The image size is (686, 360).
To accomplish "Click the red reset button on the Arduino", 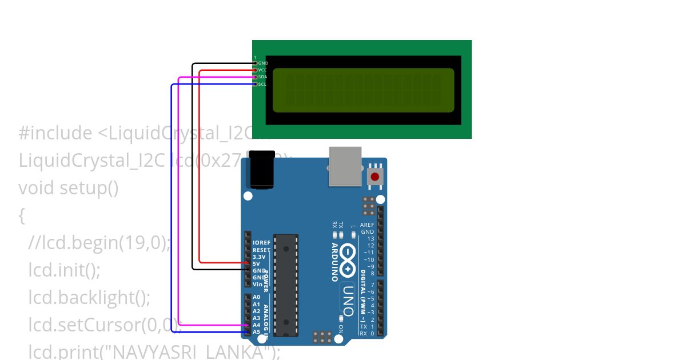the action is tap(375, 177).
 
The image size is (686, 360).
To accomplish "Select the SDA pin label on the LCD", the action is tap(262, 77).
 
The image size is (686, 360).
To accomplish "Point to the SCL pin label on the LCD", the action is tap(262, 84).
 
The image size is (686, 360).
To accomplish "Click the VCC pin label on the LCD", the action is tap(262, 70).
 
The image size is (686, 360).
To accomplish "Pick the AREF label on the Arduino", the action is tap(367, 225).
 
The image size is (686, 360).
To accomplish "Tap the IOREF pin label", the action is tap(261, 243).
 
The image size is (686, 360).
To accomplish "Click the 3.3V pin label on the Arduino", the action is tap(259, 257).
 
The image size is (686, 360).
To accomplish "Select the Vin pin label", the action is tap(257, 284).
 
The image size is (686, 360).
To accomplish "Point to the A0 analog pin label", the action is tap(256, 297).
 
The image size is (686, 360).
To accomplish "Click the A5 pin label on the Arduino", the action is tap(256, 331).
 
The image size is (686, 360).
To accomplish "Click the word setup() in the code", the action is tap(89, 188).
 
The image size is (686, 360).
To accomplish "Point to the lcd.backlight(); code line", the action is tap(89, 297).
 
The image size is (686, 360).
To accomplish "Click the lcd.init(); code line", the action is tap(64, 270).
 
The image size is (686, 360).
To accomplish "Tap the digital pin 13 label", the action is tap(370, 238).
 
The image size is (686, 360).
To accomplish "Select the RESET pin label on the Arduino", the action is tap(261, 250).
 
